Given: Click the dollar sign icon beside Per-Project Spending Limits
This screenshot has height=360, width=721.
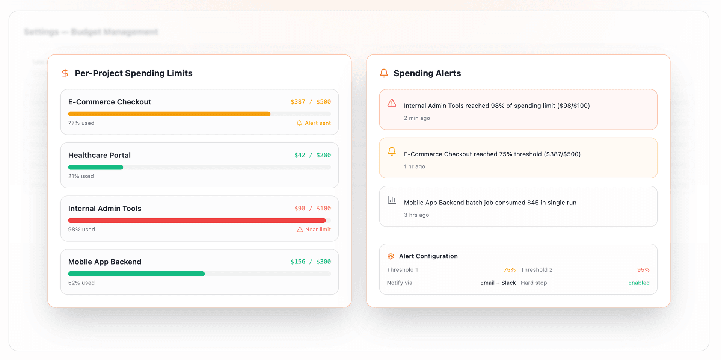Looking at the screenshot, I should (x=65, y=73).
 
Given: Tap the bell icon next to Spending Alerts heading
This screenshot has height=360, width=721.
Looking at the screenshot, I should (x=384, y=73).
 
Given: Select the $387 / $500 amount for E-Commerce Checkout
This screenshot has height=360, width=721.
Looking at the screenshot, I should (x=311, y=102).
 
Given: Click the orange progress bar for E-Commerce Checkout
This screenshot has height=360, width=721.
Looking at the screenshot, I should (x=169, y=114).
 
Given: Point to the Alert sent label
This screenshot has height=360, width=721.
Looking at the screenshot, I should (x=314, y=123).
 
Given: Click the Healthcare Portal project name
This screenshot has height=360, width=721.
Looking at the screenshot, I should (x=100, y=155).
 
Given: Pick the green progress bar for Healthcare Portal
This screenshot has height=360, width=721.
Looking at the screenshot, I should (x=95, y=167).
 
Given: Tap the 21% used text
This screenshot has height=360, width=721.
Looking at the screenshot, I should (x=81, y=176).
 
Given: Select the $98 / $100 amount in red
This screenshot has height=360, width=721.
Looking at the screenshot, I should (x=312, y=208).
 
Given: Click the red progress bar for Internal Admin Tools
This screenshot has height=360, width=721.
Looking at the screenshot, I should (x=197, y=221).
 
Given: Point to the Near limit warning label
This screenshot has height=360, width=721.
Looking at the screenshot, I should (x=314, y=230).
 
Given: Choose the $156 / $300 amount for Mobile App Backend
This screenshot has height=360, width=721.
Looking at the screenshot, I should (x=311, y=262).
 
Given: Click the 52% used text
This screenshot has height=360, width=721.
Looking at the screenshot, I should (x=81, y=283).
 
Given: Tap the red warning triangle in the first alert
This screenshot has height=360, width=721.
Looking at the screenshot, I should (x=392, y=103).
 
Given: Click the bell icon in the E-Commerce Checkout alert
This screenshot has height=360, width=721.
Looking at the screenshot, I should (x=392, y=151).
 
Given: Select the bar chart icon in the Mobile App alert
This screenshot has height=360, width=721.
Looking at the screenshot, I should (x=392, y=200).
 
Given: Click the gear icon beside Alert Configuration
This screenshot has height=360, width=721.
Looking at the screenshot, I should (x=391, y=256).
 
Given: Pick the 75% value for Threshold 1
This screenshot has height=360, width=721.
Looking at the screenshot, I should (x=510, y=270).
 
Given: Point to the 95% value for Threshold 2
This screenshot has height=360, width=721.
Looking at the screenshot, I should (x=643, y=270).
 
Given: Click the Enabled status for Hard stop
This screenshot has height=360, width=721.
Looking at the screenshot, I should (x=639, y=283).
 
